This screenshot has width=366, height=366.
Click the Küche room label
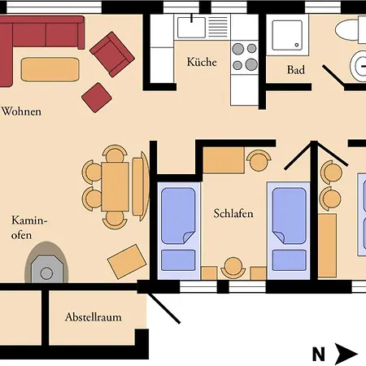click(202, 62)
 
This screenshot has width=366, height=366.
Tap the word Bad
click(296, 70)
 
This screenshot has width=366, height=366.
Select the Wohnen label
click(22, 111)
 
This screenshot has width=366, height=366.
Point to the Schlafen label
click(233, 213)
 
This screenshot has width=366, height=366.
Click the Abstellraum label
click(94, 317)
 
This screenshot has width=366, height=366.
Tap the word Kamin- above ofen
click(29, 220)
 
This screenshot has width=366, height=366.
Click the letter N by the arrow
click(319, 354)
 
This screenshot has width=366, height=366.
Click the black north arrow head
click(346, 354)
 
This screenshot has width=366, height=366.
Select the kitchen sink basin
click(191, 28)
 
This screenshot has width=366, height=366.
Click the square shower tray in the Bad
click(287, 35)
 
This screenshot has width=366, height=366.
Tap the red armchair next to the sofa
click(112, 54)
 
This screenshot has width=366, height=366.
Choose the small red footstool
click(97, 98)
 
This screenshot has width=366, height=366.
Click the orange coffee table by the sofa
click(50, 69)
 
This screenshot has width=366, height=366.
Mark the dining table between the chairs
click(115, 186)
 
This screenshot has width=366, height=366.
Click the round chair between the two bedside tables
click(233, 268)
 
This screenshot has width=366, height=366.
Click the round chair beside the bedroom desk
click(259, 161)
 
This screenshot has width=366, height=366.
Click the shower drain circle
click(297, 45)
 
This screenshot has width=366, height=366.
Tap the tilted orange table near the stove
click(127, 262)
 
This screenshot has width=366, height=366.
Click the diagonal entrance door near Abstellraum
click(164, 308)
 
